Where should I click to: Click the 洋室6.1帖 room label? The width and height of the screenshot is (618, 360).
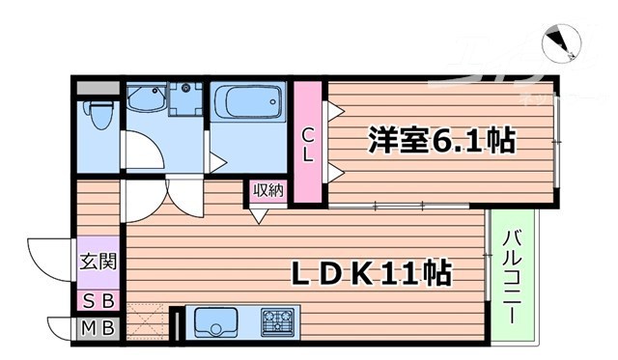pos(440,141)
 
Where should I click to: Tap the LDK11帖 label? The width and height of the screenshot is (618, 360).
pos(371,273)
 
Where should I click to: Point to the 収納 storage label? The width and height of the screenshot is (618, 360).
pos(269,191)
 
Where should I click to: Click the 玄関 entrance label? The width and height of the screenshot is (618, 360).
pos(98,260)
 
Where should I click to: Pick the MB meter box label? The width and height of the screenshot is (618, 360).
pos(98,327)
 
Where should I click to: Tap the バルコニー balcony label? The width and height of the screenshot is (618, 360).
pos(513,274)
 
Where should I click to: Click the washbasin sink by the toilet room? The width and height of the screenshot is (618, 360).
pos(146,97)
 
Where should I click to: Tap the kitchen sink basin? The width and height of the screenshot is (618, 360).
pos(215,321)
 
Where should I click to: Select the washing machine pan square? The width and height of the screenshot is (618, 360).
pos(185,98)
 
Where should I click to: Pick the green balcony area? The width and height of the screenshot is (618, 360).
pos(513,275)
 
